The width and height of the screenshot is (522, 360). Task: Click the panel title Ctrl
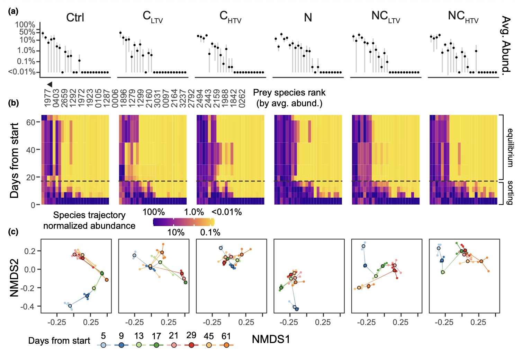(75, 17)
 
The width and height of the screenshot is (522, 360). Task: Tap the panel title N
(308, 17)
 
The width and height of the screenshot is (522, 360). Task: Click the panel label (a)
(14, 11)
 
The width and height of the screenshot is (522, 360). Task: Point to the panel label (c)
(13, 232)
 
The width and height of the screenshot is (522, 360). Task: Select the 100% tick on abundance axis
(25, 25)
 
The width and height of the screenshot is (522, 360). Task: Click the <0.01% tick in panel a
(22, 72)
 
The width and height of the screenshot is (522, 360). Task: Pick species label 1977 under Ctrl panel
(47, 98)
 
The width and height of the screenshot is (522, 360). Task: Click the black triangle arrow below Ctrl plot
(50, 84)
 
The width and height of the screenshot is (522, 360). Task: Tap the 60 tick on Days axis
(30, 122)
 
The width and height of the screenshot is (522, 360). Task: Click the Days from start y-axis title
(15, 161)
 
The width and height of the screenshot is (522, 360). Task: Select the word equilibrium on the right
(510, 147)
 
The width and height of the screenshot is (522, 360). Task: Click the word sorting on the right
(510, 192)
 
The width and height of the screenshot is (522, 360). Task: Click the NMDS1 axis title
(271, 339)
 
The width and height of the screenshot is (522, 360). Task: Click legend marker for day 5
(103, 345)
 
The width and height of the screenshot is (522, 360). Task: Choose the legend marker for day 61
(226, 345)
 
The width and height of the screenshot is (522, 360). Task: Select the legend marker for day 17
(156, 345)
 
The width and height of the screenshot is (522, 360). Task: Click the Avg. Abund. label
(506, 44)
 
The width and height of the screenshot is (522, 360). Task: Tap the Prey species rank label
(289, 98)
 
